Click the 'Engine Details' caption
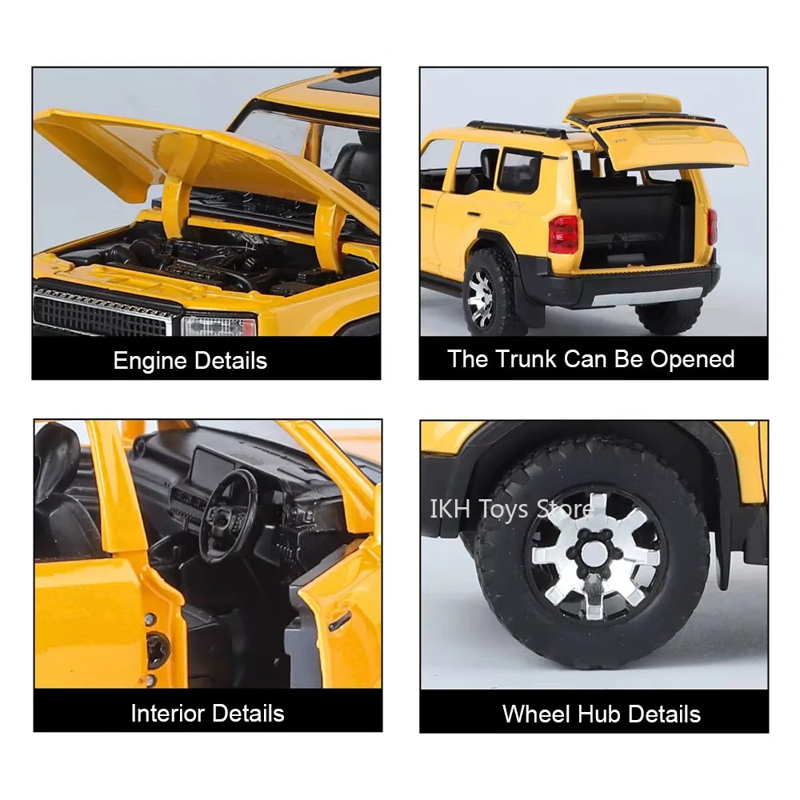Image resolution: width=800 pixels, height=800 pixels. pos(190,360)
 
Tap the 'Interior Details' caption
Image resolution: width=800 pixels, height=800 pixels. pos(207,713)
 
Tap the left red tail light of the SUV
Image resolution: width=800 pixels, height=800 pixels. pos(563,234)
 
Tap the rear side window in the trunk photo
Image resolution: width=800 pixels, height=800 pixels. pos(518,170)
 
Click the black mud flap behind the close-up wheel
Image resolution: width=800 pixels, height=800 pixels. pos(725,520)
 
